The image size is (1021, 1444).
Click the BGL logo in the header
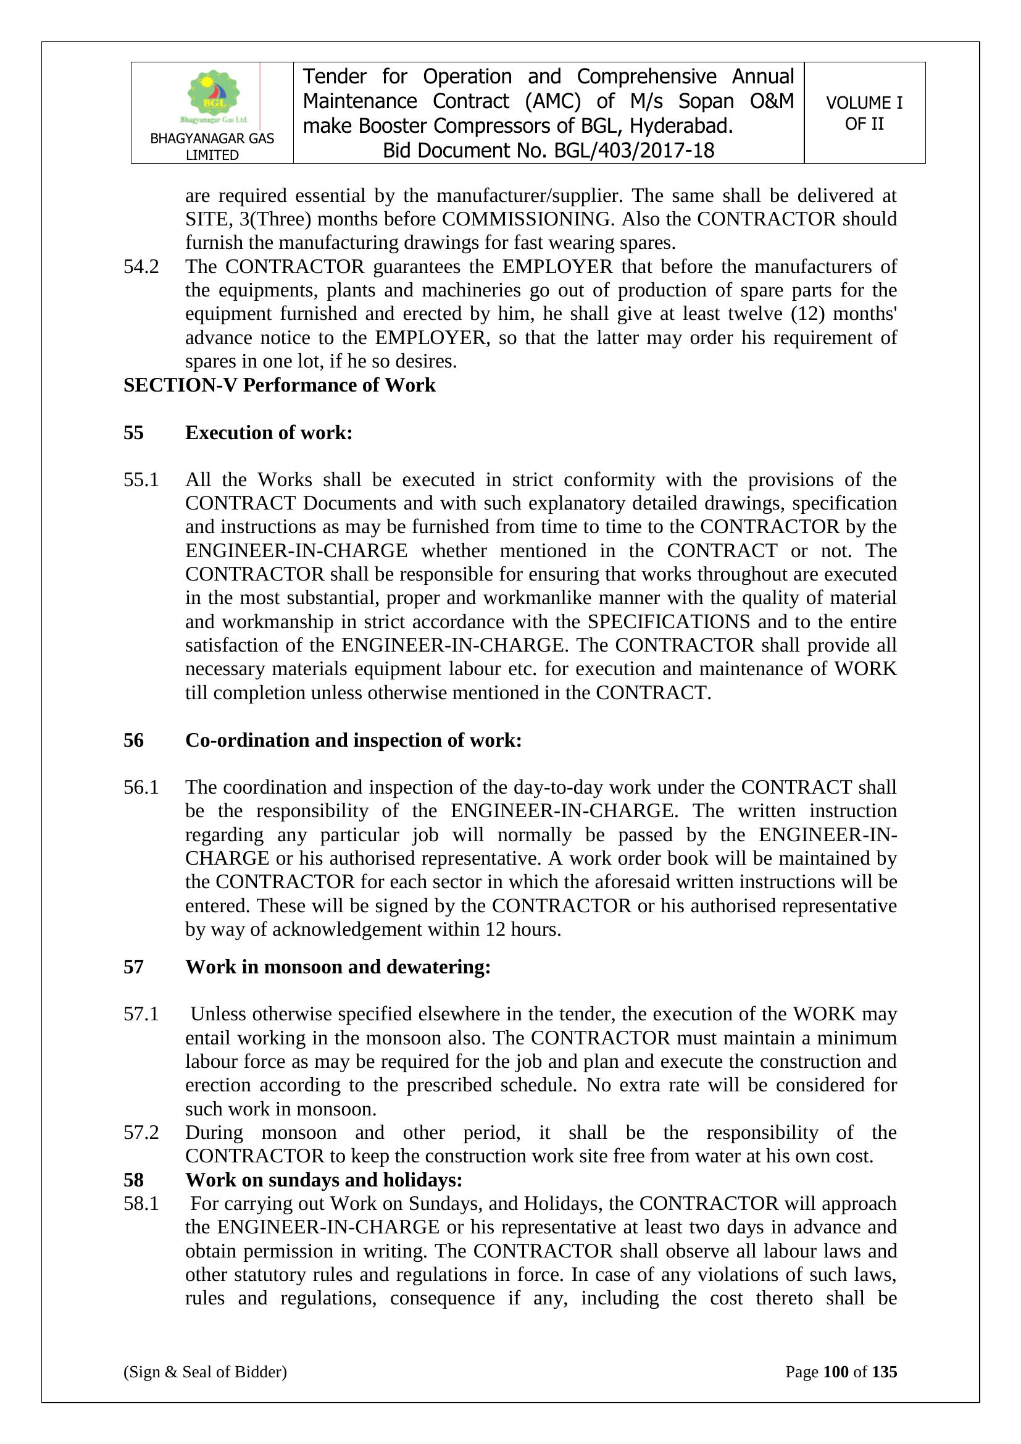pos(214,96)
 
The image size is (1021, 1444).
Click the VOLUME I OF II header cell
pos(864,113)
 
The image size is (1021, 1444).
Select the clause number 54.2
pos(141,267)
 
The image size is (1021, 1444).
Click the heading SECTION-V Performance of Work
pos(279,385)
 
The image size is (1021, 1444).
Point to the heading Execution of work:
pos(269,433)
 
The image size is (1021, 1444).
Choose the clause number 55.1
pos(141,480)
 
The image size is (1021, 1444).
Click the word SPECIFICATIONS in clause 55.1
pos(669,621)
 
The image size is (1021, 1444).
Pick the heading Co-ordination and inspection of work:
pos(353,741)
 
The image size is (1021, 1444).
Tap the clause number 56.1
pos(141,787)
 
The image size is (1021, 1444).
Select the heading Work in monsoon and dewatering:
pos(338,967)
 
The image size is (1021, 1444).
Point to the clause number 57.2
pos(141,1133)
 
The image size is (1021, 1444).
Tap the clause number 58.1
pos(141,1204)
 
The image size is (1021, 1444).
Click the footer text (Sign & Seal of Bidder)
pos(205,1372)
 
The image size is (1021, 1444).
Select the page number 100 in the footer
pos(836,1372)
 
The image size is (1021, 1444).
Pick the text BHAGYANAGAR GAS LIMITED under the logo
pos(212,146)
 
